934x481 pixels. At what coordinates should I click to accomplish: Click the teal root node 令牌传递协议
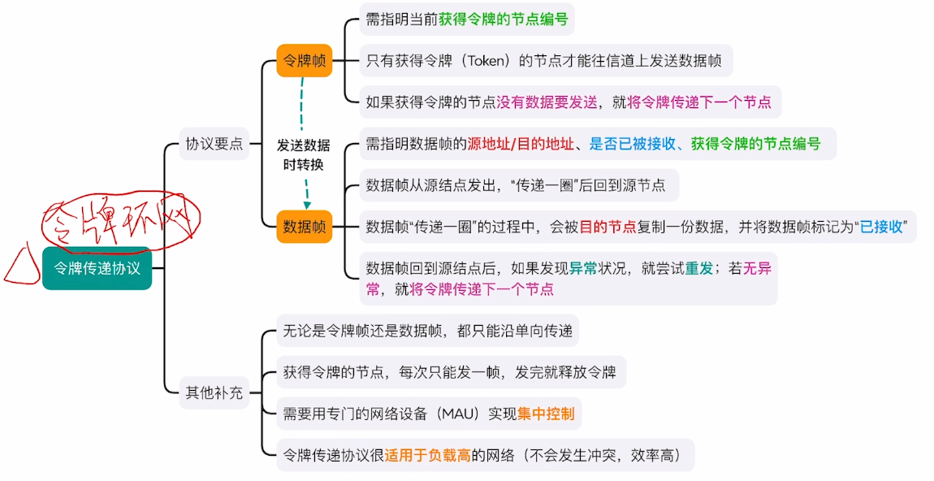97,268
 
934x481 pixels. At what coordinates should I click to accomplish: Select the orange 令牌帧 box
304,60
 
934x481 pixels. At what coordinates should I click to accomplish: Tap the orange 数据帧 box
304,226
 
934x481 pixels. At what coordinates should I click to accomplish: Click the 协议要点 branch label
214,145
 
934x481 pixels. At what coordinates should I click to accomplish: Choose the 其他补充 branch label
214,392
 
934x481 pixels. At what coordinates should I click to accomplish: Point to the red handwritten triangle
19,264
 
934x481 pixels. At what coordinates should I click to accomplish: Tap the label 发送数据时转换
304,154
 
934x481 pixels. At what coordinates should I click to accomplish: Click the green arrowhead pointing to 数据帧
308,204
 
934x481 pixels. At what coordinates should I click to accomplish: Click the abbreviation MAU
460,414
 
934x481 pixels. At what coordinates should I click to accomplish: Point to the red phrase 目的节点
608,227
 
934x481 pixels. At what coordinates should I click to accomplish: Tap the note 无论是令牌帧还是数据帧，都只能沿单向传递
428,331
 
